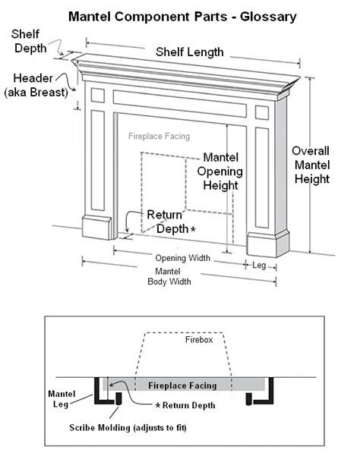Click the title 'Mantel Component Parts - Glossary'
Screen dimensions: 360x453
(182, 17)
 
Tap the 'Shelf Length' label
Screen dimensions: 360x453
(190, 52)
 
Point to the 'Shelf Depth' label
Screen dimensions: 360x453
(28, 41)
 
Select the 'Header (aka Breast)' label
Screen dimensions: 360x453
(36, 86)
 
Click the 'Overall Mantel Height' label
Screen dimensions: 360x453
(311, 165)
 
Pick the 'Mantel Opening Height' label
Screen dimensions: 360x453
(220, 171)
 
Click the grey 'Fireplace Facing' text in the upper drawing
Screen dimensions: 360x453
(159, 136)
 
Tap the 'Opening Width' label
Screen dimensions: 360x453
(183, 258)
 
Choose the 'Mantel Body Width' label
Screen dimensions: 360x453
(169, 276)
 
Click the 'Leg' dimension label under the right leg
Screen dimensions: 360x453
(259, 266)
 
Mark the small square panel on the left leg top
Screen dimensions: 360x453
(98, 96)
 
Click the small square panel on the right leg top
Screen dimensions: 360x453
(262, 112)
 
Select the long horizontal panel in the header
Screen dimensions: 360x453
(179, 104)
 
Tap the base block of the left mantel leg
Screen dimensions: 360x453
(96, 228)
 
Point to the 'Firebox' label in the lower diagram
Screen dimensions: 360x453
(199, 340)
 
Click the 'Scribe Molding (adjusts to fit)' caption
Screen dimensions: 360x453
(128, 427)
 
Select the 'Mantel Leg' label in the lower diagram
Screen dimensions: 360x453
(62, 399)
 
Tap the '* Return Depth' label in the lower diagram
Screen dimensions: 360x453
(185, 405)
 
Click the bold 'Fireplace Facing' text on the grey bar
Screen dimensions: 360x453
(182, 385)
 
